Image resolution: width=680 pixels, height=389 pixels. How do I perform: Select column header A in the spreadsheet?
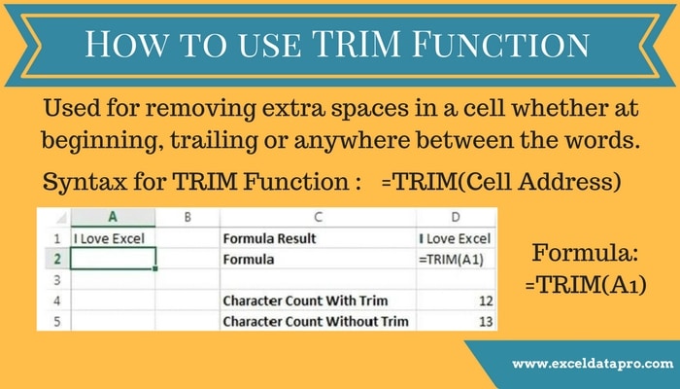114,219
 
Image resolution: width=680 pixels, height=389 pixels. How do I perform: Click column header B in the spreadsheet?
187,219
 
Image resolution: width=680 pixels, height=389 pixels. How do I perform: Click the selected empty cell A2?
114,260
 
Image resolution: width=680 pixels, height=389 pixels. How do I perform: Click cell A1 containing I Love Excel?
114,239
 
